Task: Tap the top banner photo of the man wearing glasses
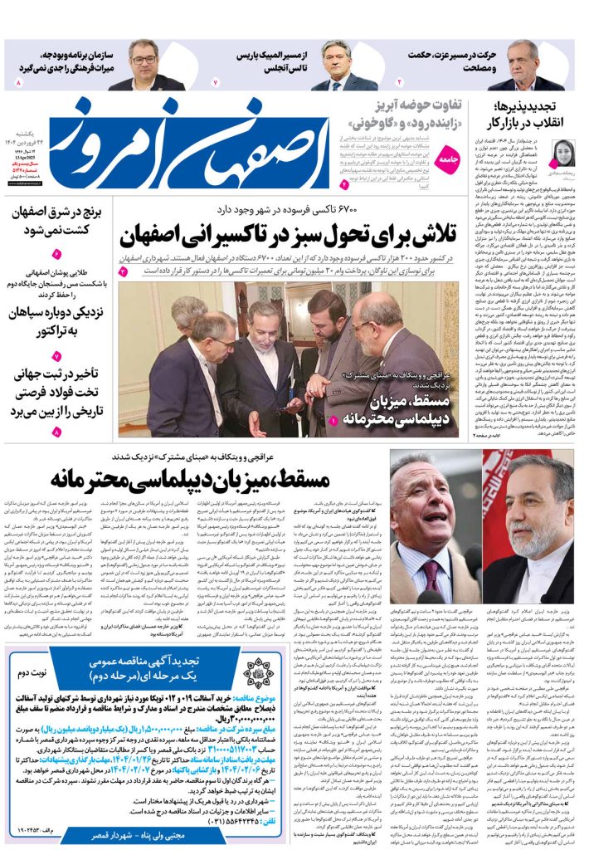pyautogui.click(x=143, y=64)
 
